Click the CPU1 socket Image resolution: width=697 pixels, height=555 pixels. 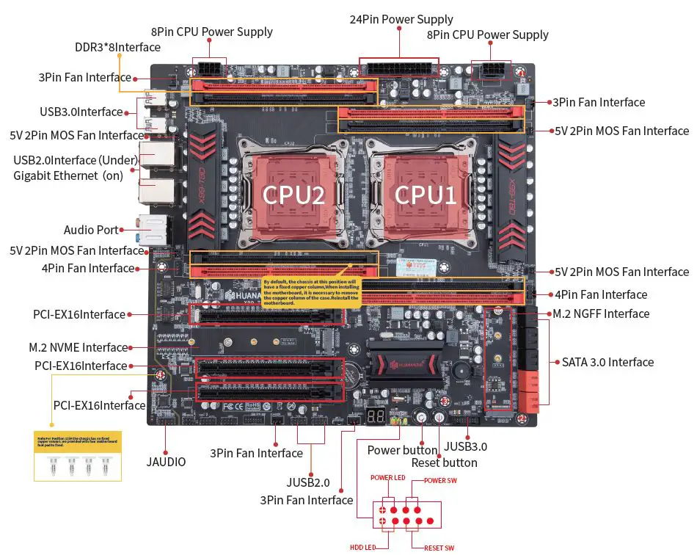pyautogui.click(x=426, y=194)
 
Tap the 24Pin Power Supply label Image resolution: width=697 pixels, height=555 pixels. pyautogui.click(x=401, y=19)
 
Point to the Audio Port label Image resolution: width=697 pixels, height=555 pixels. pyautogui.click(x=91, y=230)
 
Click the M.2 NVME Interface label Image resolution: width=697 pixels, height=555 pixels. pyautogui.click(x=79, y=347)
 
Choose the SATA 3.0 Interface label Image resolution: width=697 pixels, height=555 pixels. pyautogui.click(x=607, y=362)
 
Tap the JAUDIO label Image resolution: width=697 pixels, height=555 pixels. pyautogui.click(x=166, y=462)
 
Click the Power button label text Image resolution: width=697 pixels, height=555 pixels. pyautogui.click(x=402, y=449)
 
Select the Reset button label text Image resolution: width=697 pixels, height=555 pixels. pyautogui.click(x=444, y=462)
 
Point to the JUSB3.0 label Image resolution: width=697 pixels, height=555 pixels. pyautogui.click(x=466, y=446)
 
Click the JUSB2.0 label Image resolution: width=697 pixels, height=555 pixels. pyautogui.click(x=308, y=483)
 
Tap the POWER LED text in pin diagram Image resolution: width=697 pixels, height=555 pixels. pyautogui.click(x=388, y=478)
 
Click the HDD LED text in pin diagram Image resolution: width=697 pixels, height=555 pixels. pyautogui.click(x=364, y=547)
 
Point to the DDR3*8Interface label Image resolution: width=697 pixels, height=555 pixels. pyautogui.click(x=117, y=47)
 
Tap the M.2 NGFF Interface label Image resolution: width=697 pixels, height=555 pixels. pyautogui.click(x=601, y=313)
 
